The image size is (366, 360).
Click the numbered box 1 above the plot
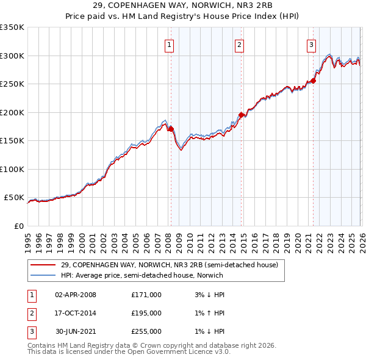(x=168, y=44)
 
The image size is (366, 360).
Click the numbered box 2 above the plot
(x=240, y=44)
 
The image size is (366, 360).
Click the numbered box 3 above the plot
(x=311, y=44)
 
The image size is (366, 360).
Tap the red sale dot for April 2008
(x=171, y=129)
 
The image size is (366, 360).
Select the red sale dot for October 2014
(x=242, y=115)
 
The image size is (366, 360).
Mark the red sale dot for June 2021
(x=314, y=81)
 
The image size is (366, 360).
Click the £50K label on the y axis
(x=13, y=198)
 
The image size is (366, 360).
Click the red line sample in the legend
(x=43, y=265)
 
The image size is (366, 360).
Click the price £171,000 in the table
(x=146, y=295)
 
